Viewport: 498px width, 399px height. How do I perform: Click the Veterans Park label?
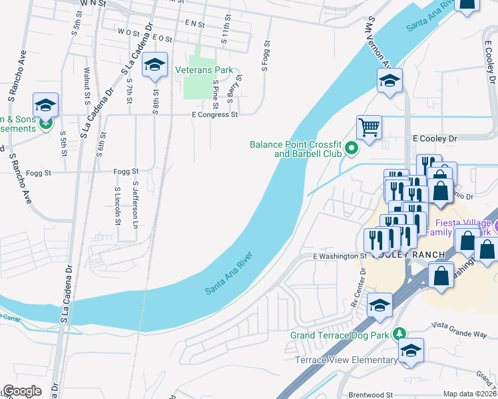[204, 69]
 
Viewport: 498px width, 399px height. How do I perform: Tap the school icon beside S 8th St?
[155, 65]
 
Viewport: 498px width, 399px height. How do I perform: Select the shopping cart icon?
[369, 126]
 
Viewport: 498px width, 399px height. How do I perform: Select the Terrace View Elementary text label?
[346, 360]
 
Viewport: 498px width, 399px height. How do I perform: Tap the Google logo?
[22, 391]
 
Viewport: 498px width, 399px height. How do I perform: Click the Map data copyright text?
[469, 394]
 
